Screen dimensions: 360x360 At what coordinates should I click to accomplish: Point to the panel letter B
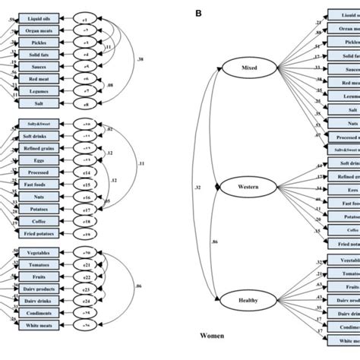199,12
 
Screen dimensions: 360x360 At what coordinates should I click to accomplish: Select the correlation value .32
197,185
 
